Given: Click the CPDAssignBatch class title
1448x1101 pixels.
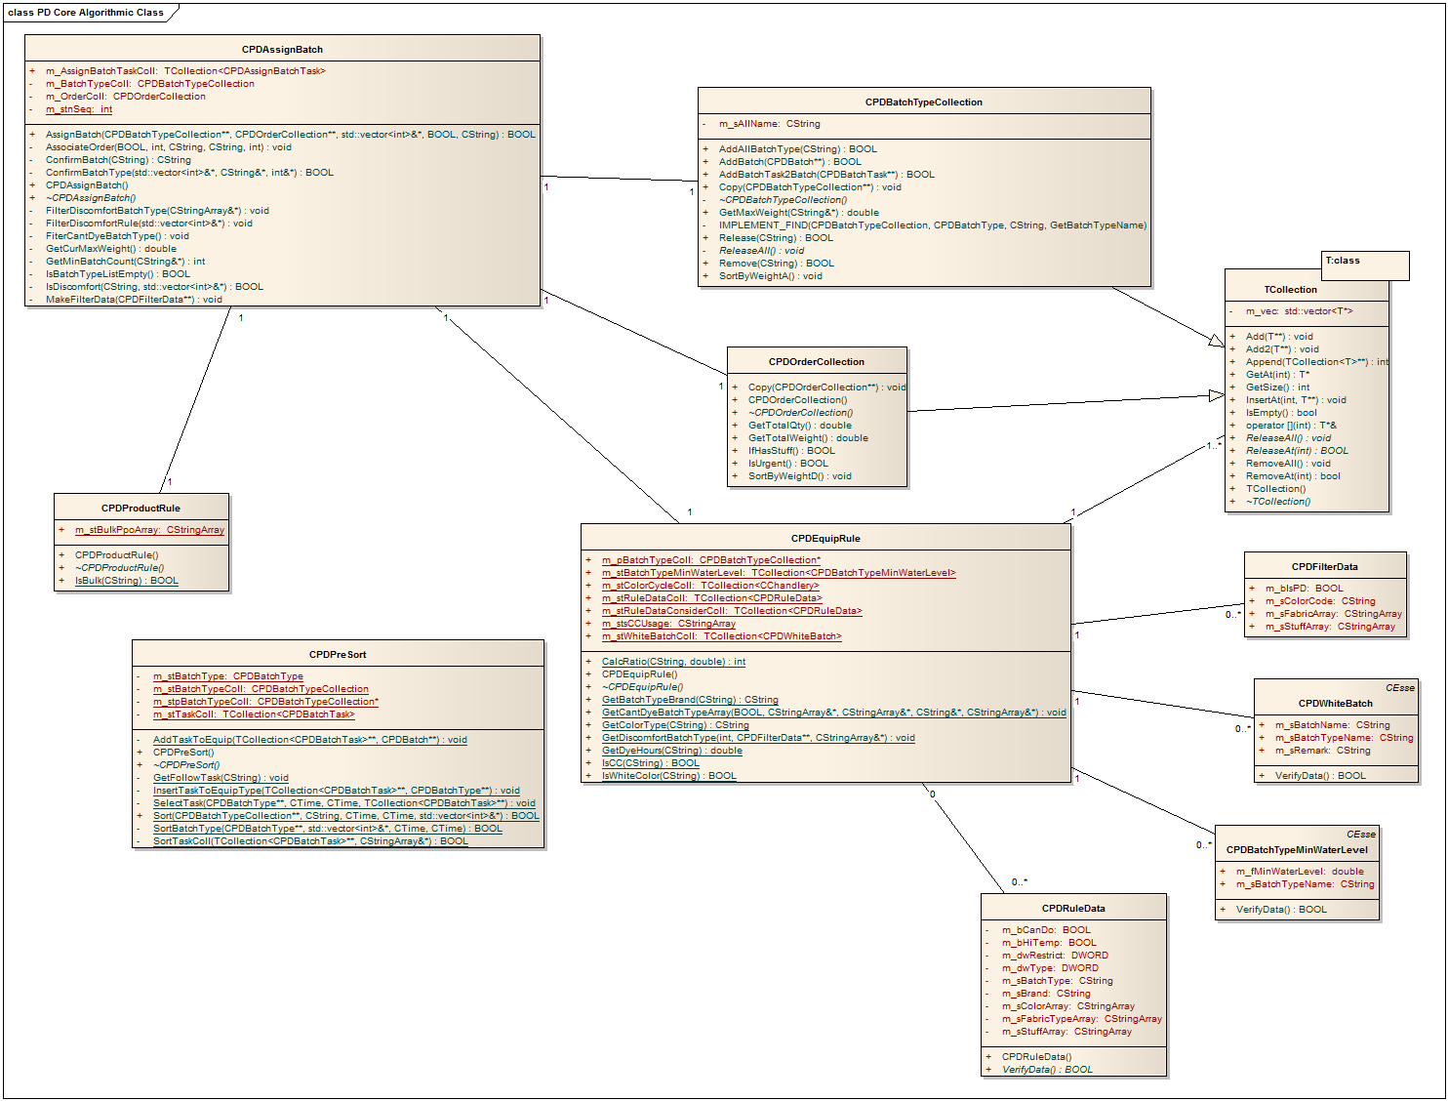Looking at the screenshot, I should coord(282,50).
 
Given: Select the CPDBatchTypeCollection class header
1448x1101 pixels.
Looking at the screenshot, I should coord(923,102).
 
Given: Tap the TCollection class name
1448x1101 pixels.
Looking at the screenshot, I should coord(1290,290).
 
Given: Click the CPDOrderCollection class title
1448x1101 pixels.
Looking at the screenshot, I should coord(816,362).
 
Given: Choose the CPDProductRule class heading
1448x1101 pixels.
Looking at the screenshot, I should coord(141,509).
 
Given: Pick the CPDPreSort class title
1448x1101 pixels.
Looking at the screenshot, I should coord(338,655).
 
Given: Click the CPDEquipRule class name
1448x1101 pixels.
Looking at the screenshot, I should coord(825,539).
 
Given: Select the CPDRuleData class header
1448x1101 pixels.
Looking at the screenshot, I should coord(1073,909).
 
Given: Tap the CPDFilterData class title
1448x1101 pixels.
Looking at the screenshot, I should coord(1324,567).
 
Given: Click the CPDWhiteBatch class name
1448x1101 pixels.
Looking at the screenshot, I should coord(1335,704).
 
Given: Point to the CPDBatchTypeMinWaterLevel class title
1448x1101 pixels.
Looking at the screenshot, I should coord(1297,850).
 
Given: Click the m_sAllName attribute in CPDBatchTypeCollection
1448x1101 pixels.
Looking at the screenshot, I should coord(769,124).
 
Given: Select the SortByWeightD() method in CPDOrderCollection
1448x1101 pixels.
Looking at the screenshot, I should coord(799,476).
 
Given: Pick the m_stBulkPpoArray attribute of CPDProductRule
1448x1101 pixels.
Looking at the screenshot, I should coord(149,530).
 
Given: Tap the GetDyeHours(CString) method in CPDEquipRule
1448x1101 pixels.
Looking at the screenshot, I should coord(671,751).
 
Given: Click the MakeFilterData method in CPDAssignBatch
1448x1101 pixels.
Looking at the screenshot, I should coord(134,300).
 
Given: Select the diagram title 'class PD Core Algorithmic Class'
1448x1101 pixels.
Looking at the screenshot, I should coord(86,13).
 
